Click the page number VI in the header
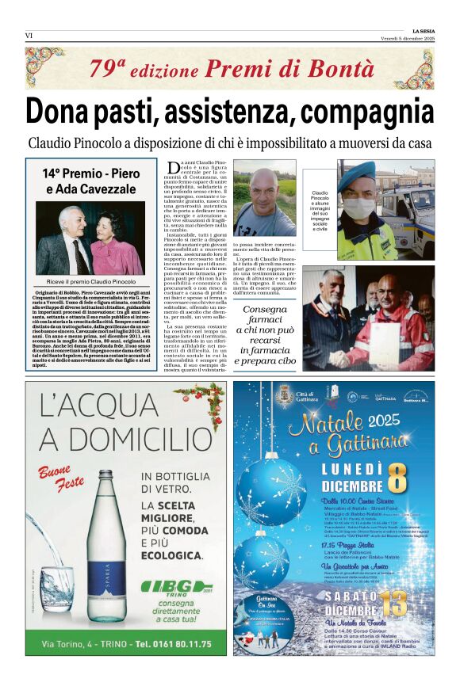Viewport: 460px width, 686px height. [x=29, y=35]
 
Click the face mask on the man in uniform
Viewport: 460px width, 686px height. [x=358, y=208]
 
